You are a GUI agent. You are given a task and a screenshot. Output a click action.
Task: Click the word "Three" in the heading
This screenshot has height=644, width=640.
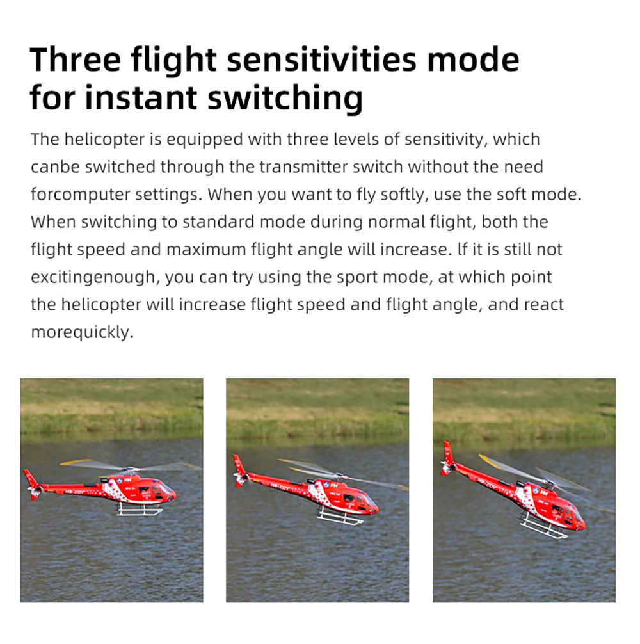tap(75, 60)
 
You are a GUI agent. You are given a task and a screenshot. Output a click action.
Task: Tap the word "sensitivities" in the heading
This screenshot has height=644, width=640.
tap(322, 60)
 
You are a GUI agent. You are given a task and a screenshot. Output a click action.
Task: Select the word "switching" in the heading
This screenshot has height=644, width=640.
tap(285, 99)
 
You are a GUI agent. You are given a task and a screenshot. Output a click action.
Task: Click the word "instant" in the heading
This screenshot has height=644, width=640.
tap(141, 99)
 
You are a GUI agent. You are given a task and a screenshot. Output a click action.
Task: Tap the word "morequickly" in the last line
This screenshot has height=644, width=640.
tap(81, 332)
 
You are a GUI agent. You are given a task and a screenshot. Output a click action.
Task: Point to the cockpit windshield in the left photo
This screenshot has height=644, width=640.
tap(166, 488)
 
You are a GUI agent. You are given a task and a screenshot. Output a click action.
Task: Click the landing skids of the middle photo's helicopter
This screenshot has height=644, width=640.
tap(340, 516)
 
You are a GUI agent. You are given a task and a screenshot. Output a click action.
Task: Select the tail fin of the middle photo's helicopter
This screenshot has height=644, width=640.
tap(240, 470)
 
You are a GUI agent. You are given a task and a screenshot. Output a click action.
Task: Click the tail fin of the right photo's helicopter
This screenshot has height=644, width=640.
tap(448, 458)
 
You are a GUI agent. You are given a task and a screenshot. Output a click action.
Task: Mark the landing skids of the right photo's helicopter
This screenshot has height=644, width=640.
tap(543, 526)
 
